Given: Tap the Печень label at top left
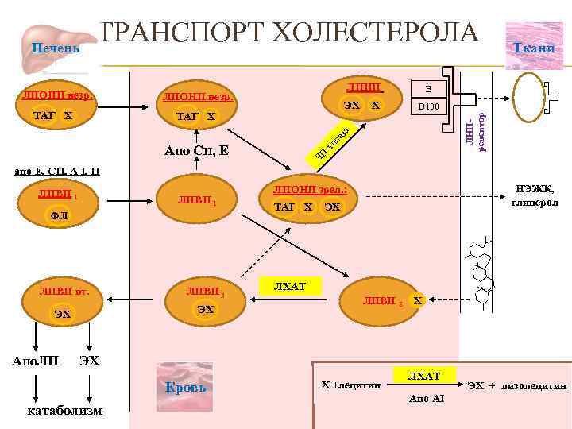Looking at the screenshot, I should tap(55, 49).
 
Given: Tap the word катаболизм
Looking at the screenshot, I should tap(64, 411).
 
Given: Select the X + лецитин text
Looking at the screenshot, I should tap(350, 385).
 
